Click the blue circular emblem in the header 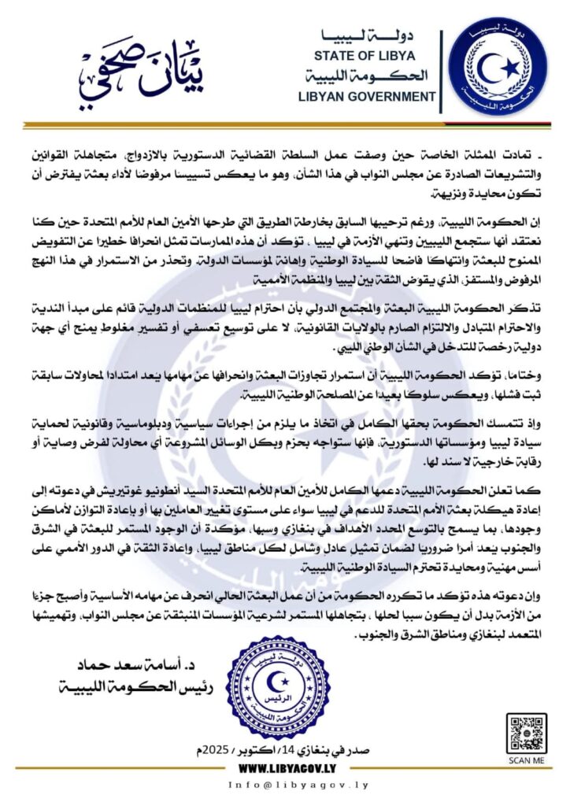click(498, 66)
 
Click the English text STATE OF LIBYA click(375, 56)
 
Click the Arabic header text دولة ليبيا click(375, 36)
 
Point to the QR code click(526, 734)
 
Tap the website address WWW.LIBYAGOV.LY click(284, 767)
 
